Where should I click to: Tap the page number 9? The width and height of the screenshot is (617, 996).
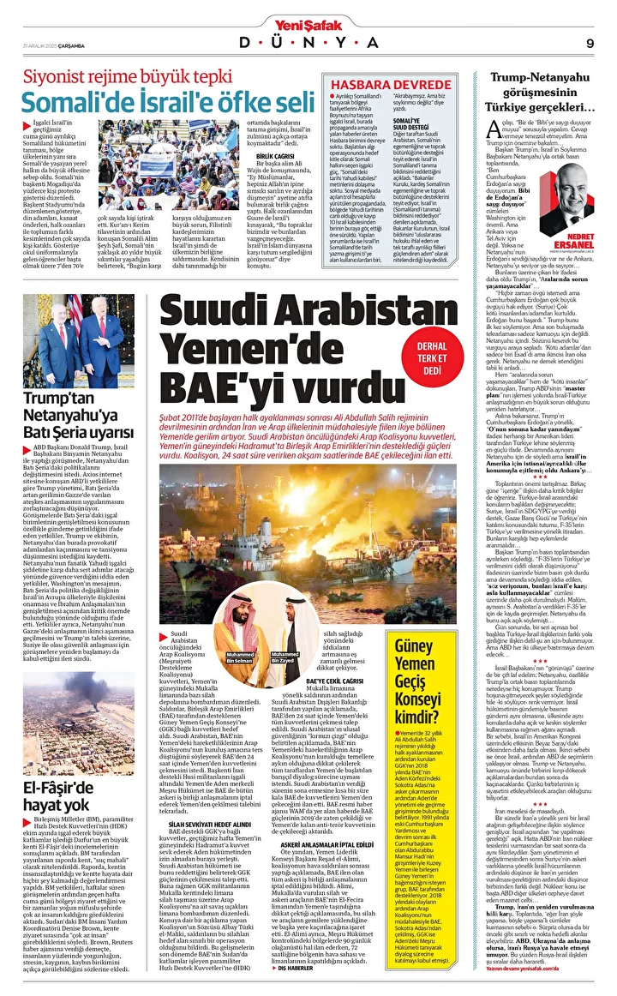pos(590,43)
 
